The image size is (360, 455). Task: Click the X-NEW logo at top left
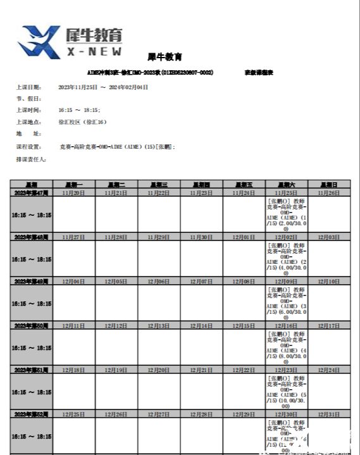[x=70, y=42]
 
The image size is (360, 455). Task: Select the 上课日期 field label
[x=28, y=87]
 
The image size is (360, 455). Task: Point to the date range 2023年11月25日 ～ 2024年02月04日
[x=103, y=87]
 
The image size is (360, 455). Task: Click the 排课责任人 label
[x=31, y=159]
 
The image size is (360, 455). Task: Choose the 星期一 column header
[x=74, y=184]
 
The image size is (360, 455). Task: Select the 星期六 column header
[x=287, y=184]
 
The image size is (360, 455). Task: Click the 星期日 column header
[x=329, y=184]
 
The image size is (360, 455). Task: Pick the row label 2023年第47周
[x=31, y=192]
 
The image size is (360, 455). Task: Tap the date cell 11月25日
[x=287, y=192]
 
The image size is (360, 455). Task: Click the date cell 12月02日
[x=287, y=237]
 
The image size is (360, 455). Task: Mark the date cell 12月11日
[x=74, y=325]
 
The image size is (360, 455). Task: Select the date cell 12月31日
[x=329, y=414]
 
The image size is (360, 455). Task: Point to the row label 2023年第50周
[x=31, y=325]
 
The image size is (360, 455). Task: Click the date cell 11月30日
[x=201, y=237]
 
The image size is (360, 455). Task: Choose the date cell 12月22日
[x=244, y=370]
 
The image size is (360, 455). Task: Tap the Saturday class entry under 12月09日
[x=287, y=302]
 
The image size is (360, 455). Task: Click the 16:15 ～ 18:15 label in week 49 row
[x=31, y=303]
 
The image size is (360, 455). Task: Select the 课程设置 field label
[x=28, y=146]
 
